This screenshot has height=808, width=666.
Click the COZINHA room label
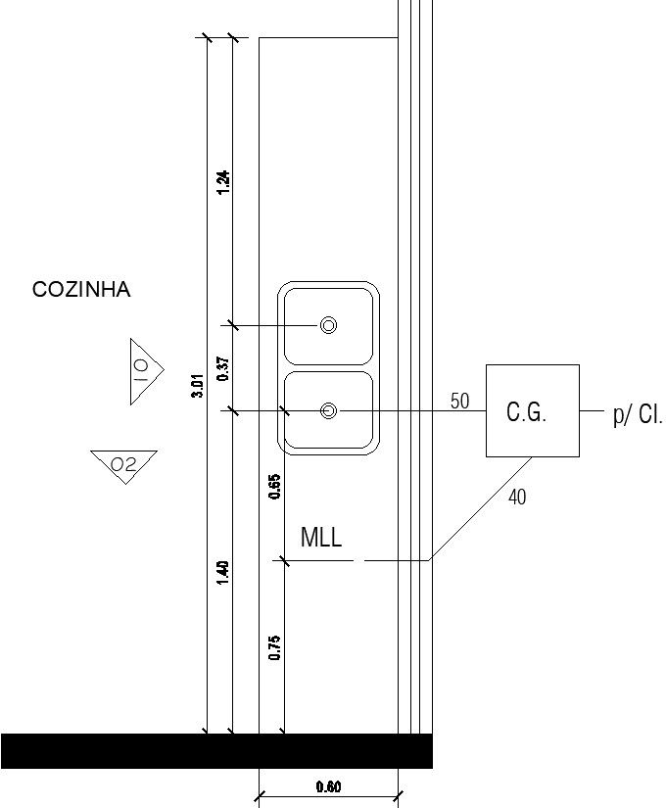[x=81, y=290]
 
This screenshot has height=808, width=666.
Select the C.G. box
[x=532, y=410]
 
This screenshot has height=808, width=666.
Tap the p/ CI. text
[x=638, y=415]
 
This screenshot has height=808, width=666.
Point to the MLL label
[x=321, y=538]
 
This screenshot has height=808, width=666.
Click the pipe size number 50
[x=459, y=401]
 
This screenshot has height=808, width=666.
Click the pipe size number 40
[x=517, y=498]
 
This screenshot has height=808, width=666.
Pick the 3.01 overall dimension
[x=198, y=385]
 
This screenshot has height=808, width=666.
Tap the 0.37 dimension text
[x=222, y=367]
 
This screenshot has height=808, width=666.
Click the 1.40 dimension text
[x=222, y=572]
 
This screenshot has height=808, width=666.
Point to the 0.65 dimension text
[x=275, y=487]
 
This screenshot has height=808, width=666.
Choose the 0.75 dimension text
[x=275, y=647]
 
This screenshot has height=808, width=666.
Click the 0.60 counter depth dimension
[x=329, y=786]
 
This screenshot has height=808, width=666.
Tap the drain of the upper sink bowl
[x=329, y=325]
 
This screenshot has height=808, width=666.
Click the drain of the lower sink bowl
[x=329, y=410]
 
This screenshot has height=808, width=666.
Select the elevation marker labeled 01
[x=142, y=370]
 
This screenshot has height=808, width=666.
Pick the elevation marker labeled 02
[x=123, y=464]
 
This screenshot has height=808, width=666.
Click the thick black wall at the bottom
[x=215, y=750]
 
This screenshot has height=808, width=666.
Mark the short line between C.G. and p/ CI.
[x=592, y=410]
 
